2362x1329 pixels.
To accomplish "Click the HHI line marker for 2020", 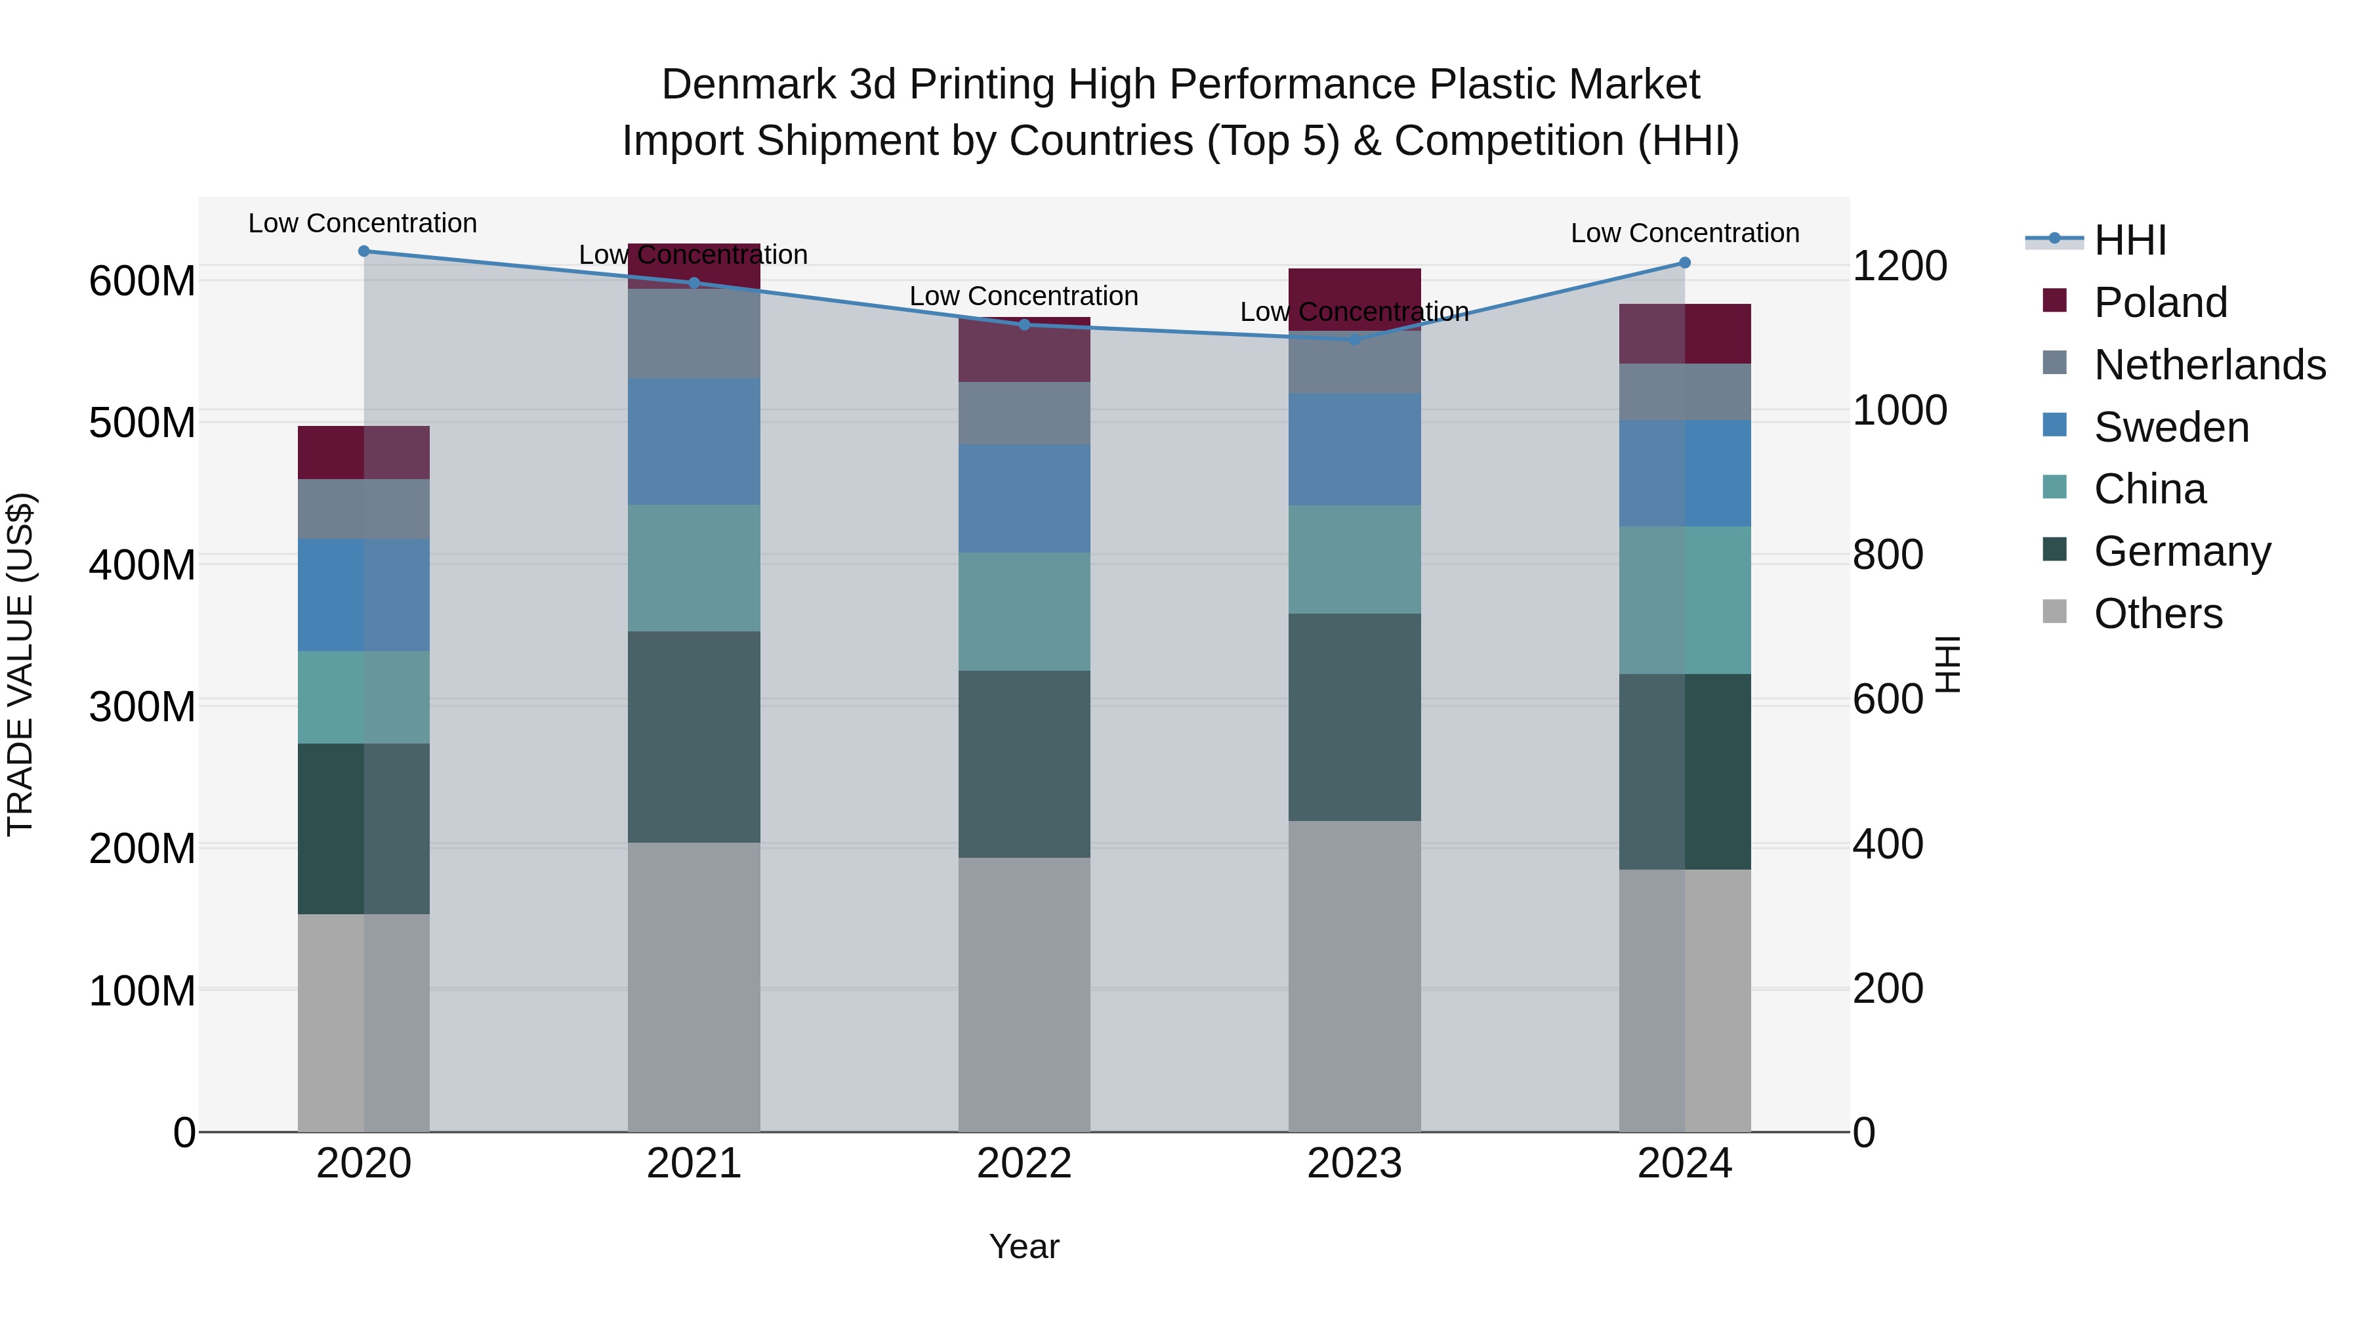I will coord(364,251).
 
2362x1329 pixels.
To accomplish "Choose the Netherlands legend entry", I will coord(2209,365).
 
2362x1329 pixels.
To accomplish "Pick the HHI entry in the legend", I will coord(2129,240).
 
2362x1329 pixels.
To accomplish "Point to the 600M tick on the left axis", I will coord(142,281).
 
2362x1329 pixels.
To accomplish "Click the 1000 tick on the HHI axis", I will coord(1899,410).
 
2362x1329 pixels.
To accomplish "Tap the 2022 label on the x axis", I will coord(1024,1164).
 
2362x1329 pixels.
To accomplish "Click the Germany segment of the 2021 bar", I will coord(694,736).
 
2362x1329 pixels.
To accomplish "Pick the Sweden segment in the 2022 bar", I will coord(1024,498).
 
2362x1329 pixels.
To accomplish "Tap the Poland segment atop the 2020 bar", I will coord(364,452).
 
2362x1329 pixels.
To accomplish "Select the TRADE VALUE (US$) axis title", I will coord(20,664).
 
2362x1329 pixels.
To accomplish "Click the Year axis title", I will coord(1024,1246).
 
